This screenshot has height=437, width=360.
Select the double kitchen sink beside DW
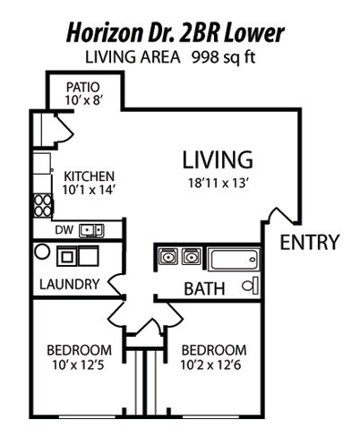click(91, 230)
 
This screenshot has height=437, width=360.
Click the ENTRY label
click(310, 242)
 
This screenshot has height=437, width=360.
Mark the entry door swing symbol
click(280, 220)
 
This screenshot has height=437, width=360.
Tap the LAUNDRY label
click(69, 285)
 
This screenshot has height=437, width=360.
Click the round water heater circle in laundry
click(41, 253)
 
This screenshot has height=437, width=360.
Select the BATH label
click(204, 289)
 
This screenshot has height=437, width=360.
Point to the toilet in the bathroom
click(251, 286)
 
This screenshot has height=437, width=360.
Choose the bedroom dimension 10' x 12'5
click(79, 364)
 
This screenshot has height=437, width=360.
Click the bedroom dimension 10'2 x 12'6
click(213, 364)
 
